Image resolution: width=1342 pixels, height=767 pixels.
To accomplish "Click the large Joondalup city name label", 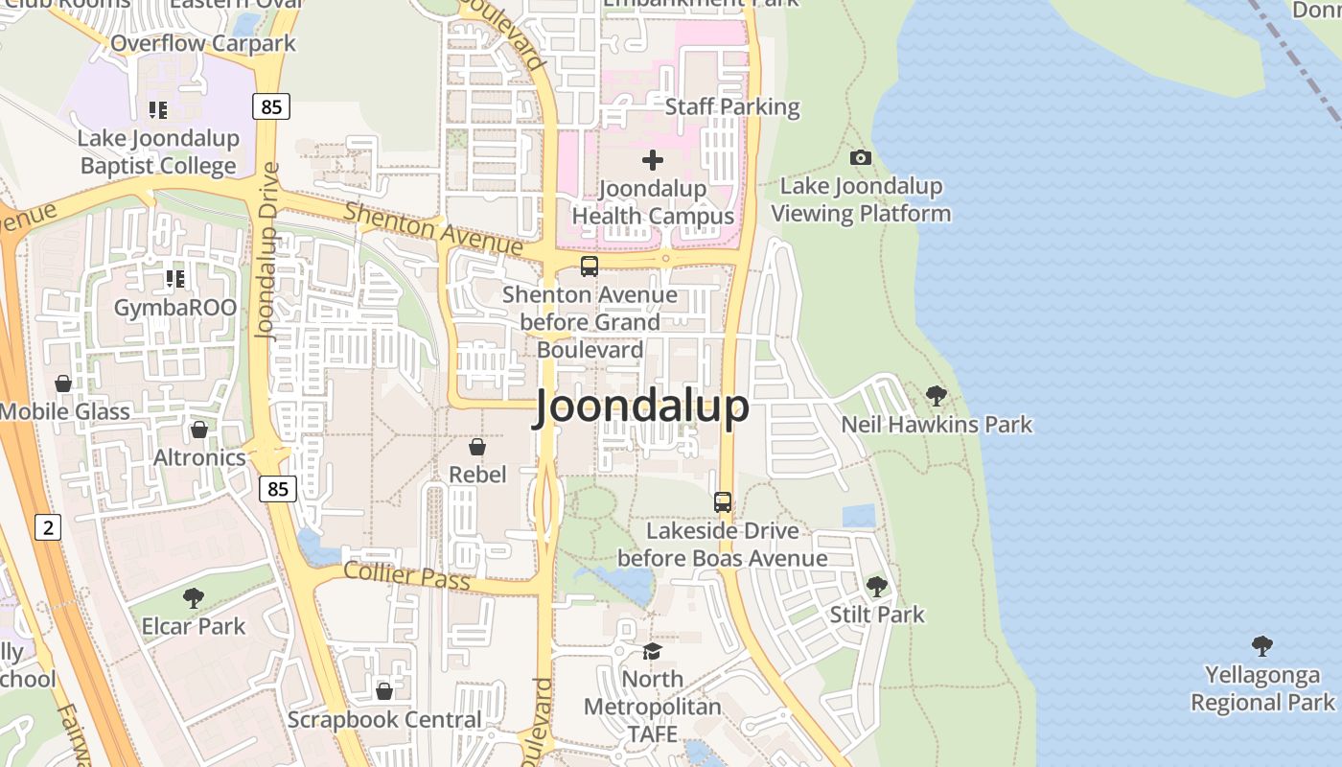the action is [x=641, y=407].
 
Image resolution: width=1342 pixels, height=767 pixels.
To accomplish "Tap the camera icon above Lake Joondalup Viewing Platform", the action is [x=861, y=157].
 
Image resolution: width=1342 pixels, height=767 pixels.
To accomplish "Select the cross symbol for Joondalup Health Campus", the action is [x=653, y=160].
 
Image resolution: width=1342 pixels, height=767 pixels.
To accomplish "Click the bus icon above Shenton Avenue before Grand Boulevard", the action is [x=589, y=267].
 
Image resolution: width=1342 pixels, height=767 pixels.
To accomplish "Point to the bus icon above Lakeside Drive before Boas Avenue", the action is [x=723, y=502].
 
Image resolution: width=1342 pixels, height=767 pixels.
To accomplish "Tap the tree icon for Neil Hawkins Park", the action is [x=937, y=395].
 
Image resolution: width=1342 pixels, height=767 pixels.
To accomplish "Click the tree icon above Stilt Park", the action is [x=876, y=586].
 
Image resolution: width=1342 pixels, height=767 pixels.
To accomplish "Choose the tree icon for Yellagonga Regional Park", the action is [x=1262, y=646].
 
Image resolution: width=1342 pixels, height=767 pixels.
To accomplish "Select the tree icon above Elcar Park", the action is [x=194, y=598].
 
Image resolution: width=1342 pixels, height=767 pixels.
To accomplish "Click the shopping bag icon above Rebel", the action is [x=477, y=447].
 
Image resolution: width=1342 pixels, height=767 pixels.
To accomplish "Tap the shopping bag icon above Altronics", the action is [x=199, y=430].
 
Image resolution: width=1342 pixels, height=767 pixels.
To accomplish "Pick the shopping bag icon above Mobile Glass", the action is [x=63, y=383].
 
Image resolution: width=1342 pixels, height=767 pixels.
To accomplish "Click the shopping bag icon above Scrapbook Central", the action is [x=384, y=691].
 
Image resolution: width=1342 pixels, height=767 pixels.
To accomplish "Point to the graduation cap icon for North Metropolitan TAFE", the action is [x=653, y=651].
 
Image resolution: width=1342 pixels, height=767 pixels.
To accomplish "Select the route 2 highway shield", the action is [x=47, y=526].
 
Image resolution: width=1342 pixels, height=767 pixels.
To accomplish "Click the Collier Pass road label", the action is [x=406, y=575].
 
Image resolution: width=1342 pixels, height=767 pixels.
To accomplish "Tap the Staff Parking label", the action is [x=732, y=106].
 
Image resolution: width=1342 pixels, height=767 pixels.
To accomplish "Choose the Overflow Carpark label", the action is [x=203, y=43].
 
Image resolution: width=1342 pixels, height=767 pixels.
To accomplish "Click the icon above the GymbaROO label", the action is [x=174, y=279].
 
